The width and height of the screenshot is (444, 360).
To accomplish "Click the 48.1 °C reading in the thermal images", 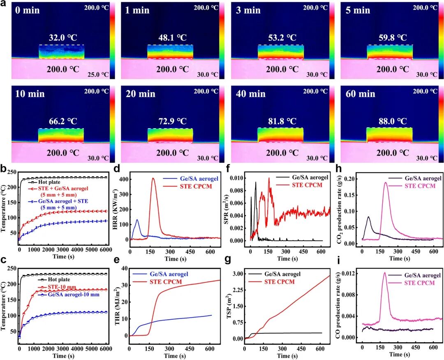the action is click(x=172, y=38).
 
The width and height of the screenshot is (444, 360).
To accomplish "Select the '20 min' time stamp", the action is click(x=141, y=94).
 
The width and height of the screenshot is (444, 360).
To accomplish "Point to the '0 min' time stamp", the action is click(x=27, y=10).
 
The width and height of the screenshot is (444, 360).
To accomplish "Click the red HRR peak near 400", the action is click(x=153, y=178).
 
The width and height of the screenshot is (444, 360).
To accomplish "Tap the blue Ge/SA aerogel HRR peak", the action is click(x=137, y=219).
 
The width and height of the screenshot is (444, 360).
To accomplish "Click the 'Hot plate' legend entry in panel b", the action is click(x=49, y=182).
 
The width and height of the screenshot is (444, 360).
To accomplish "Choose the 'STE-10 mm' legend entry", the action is click(x=62, y=287).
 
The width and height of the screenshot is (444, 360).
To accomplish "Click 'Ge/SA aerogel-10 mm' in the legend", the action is click(x=74, y=295).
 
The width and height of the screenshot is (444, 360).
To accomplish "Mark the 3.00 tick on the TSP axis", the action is click(x=237, y=274).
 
